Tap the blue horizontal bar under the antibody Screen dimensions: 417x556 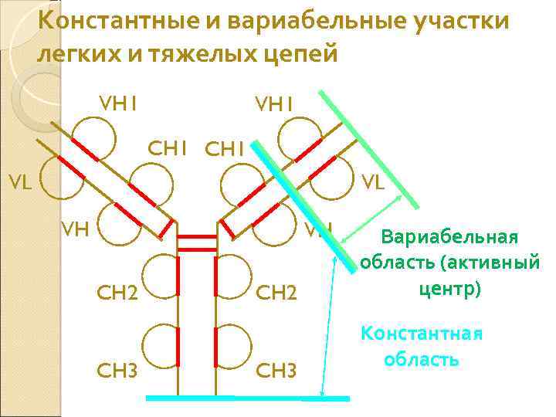(247, 398)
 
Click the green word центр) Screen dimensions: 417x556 (450, 290)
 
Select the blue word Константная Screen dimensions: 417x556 (422, 333)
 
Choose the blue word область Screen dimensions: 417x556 (421, 359)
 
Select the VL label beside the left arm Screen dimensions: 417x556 (20, 183)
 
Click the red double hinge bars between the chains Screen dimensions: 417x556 (197, 244)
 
